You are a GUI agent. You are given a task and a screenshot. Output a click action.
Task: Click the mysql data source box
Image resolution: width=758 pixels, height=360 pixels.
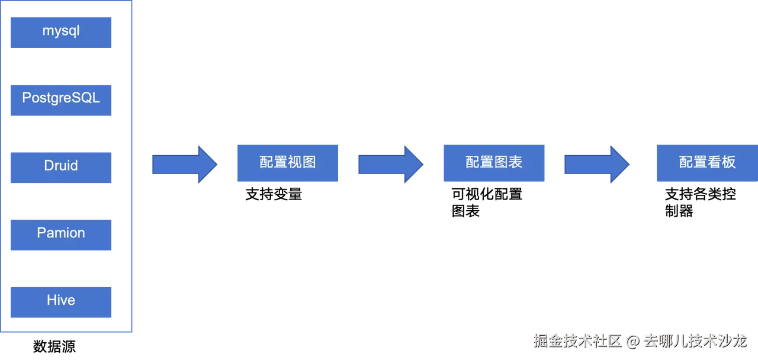[x=61, y=33]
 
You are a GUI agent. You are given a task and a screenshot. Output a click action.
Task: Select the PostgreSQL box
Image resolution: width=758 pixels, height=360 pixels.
[x=61, y=99]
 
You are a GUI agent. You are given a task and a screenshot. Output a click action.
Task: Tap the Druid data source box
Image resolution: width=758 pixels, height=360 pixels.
[x=61, y=166]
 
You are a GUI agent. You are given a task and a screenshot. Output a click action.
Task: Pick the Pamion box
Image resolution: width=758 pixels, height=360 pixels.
[x=61, y=235]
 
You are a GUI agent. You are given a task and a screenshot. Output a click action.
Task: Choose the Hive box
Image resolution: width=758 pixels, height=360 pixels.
[x=61, y=302]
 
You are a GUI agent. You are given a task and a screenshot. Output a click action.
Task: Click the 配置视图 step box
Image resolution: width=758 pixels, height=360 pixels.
[x=287, y=163]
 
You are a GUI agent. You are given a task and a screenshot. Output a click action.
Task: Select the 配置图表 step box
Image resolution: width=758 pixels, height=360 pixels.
[x=494, y=163]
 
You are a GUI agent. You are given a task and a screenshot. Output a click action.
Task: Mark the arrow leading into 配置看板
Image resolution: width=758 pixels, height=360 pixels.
[x=596, y=163]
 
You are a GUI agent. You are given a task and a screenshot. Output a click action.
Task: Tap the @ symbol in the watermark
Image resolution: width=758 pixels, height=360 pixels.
[x=632, y=342]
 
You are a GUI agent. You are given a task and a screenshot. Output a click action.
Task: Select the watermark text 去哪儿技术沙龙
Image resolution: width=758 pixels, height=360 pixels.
[x=695, y=341]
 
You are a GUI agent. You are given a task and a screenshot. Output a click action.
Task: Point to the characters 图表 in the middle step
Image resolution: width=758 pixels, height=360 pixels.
[x=509, y=162]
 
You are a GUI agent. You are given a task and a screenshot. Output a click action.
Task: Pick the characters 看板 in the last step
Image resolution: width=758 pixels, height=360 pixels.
[x=722, y=162]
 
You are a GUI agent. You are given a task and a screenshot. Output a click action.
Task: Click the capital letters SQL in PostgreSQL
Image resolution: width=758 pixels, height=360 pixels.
[x=86, y=98]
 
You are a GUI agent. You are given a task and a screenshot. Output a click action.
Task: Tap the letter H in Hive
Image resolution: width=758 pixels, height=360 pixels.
[x=52, y=300]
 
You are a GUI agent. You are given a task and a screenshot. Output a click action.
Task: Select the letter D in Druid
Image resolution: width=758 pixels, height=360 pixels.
[x=49, y=165]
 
